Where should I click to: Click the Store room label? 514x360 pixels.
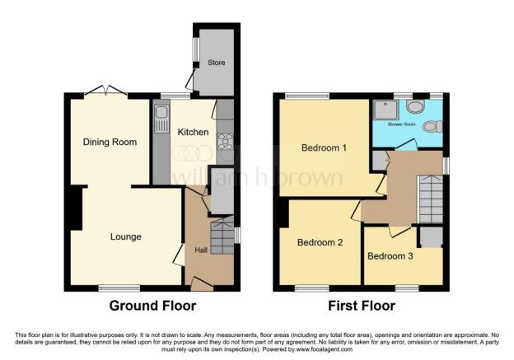tap(216, 63)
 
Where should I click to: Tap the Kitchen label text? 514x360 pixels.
tap(193, 131)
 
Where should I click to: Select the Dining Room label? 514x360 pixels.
tap(109, 142)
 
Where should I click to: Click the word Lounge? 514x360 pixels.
tap(126, 236)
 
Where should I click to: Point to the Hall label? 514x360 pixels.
tap(200, 250)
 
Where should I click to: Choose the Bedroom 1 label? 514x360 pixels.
tap(322, 148)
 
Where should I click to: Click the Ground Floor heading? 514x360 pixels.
tap(152, 306)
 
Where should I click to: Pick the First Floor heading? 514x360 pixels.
tap(361, 306)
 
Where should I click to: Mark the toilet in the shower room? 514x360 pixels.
tap(437, 126)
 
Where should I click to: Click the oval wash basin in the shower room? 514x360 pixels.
tap(414, 106)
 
